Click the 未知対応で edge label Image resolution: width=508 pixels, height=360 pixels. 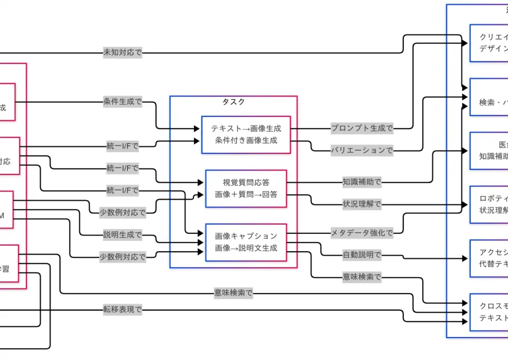(122, 53)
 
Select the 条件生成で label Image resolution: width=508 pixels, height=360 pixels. (122, 102)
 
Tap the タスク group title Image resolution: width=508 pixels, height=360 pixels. (233, 102)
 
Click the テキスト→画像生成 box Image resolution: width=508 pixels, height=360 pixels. (246, 135)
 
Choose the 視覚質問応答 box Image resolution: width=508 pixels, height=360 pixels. (246, 188)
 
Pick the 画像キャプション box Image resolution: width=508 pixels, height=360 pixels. (246, 242)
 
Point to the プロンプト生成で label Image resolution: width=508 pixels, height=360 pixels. (362, 128)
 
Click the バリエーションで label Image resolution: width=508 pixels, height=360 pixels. (362, 150)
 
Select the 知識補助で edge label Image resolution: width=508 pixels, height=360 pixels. (362, 182)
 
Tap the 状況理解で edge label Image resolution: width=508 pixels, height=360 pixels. (362, 204)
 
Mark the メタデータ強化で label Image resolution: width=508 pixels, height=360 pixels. (362, 232)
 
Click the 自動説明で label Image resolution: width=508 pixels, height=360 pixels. (362, 255)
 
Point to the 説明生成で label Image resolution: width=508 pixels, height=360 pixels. (122, 235)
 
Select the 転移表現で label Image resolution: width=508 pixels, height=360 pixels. (122, 310)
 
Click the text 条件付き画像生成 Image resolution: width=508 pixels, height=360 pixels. (246, 141)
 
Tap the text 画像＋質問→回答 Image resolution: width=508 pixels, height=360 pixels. (246, 194)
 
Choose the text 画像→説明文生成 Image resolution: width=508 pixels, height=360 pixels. (246, 248)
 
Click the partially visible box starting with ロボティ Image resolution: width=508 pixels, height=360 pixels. (489, 204)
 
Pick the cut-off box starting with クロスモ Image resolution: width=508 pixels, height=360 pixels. (489, 312)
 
